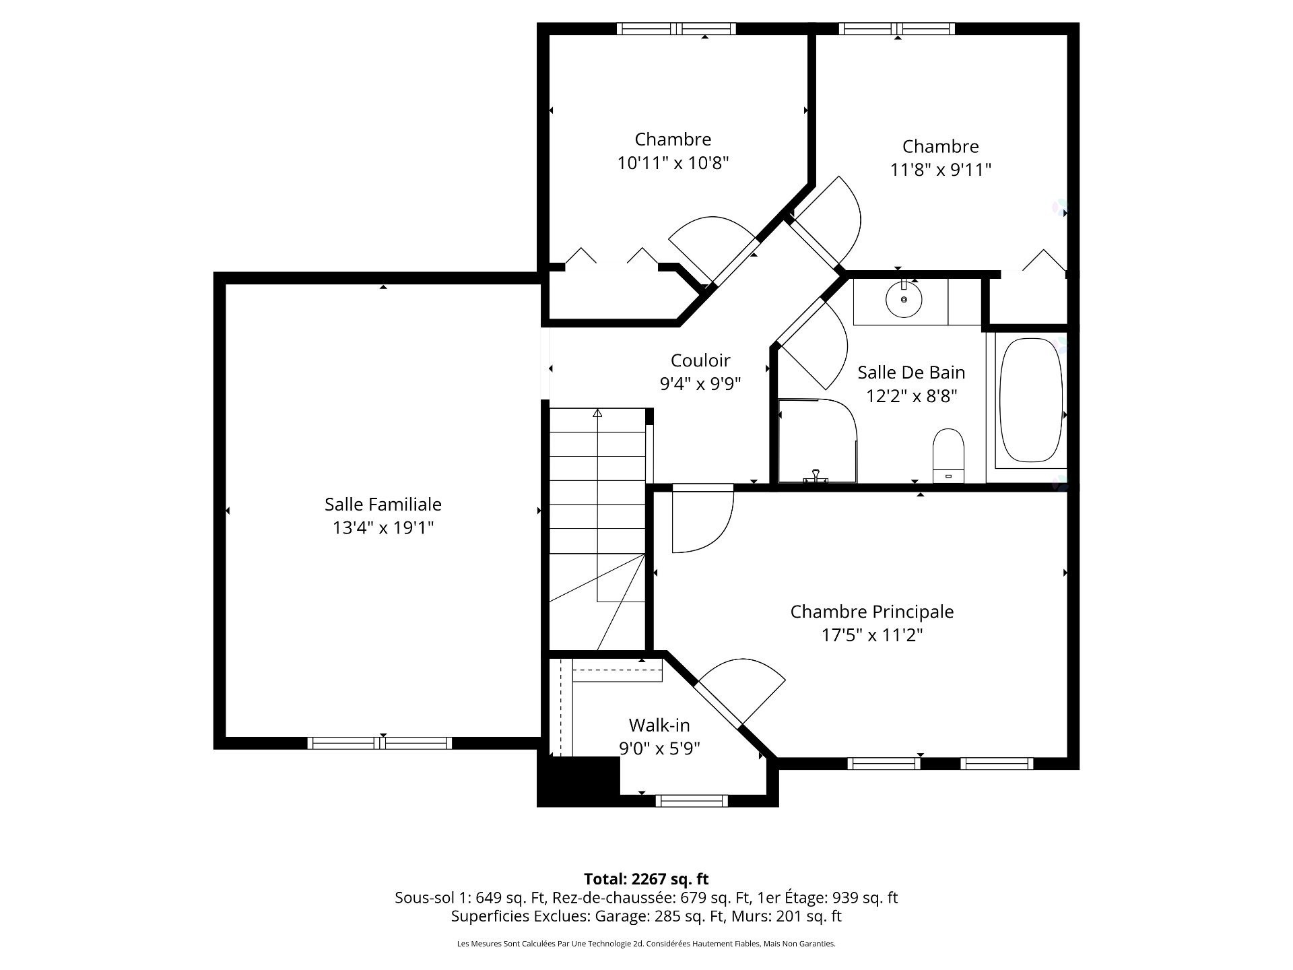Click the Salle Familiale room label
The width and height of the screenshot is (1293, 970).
point(383,504)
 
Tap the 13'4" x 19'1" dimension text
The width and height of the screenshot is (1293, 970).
point(383,527)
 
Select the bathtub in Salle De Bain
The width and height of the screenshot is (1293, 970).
point(1030,400)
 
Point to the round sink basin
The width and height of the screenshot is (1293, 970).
point(903,300)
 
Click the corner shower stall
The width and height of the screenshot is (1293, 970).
point(816,441)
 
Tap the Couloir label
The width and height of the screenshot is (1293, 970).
point(700,360)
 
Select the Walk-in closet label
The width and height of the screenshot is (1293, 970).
point(659,725)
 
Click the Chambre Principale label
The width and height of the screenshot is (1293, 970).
point(871,612)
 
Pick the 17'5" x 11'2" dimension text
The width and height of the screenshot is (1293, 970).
point(871,635)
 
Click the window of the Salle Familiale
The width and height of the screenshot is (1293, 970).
point(380,743)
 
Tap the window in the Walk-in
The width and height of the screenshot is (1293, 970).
point(692,801)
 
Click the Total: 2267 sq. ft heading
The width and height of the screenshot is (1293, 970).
point(646,879)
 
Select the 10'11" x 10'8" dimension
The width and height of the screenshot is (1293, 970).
point(673,163)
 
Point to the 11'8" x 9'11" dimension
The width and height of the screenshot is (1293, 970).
point(940,170)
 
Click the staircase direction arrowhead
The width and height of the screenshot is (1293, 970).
point(597,413)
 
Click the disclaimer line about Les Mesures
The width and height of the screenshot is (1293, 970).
point(646,944)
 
